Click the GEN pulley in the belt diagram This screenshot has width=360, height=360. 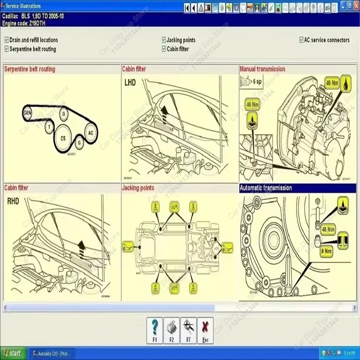tap(27, 112)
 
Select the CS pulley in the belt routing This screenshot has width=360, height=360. tap(63, 139)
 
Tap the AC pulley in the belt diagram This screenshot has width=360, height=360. tap(90, 133)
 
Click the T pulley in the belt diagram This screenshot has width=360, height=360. tap(49, 127)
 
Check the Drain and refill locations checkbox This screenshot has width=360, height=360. tap(6, 40)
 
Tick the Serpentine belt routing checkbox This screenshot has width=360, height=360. tap(6, 49)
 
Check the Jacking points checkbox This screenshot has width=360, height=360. tap(164, 40)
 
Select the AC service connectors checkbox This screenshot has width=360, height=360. tap(301, 40)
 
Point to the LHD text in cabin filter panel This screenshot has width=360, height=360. tap(130, 83)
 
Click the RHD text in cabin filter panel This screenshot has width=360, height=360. tap(13, 201)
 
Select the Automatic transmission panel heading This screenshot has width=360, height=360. tap(266, 188)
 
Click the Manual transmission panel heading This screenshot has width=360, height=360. tap(262, 69)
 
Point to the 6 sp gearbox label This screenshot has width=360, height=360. tap(257, 81)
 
